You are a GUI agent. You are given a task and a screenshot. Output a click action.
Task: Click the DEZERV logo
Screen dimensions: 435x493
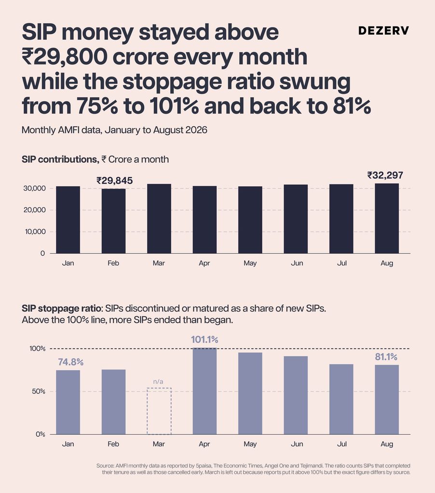384,30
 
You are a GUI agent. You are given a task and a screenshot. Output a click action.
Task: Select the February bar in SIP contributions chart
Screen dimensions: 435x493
113,221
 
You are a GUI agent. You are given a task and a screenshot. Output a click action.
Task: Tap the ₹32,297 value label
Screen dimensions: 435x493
385,175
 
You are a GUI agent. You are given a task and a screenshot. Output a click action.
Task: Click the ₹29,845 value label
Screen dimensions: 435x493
115,181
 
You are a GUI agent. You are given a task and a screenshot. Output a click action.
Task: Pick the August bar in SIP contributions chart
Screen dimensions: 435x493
387,218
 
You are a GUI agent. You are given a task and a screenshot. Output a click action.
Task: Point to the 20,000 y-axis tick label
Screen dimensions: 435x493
34,210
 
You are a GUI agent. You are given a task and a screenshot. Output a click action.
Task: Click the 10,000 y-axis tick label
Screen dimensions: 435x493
34,232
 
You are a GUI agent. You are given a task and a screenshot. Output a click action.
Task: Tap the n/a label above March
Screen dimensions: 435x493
158,381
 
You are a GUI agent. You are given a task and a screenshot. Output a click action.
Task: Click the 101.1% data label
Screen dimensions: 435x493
204,339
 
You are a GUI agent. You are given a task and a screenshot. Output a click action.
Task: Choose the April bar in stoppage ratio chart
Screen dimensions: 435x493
205,391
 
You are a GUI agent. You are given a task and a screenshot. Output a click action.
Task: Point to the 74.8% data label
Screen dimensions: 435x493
70,362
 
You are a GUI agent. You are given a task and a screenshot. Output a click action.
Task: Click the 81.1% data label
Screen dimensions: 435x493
386,357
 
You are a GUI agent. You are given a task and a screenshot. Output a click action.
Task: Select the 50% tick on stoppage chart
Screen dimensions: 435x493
39,391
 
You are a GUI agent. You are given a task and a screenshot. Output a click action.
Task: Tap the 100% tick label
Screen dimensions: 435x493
38,349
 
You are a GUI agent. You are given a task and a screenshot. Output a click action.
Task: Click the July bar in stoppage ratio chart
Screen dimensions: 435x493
341,399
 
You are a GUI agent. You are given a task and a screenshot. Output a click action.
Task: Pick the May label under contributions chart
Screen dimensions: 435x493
250,263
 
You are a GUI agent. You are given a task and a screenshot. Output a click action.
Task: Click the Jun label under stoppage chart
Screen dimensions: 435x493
297,444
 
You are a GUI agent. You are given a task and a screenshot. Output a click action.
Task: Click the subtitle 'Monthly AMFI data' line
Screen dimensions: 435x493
114,130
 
